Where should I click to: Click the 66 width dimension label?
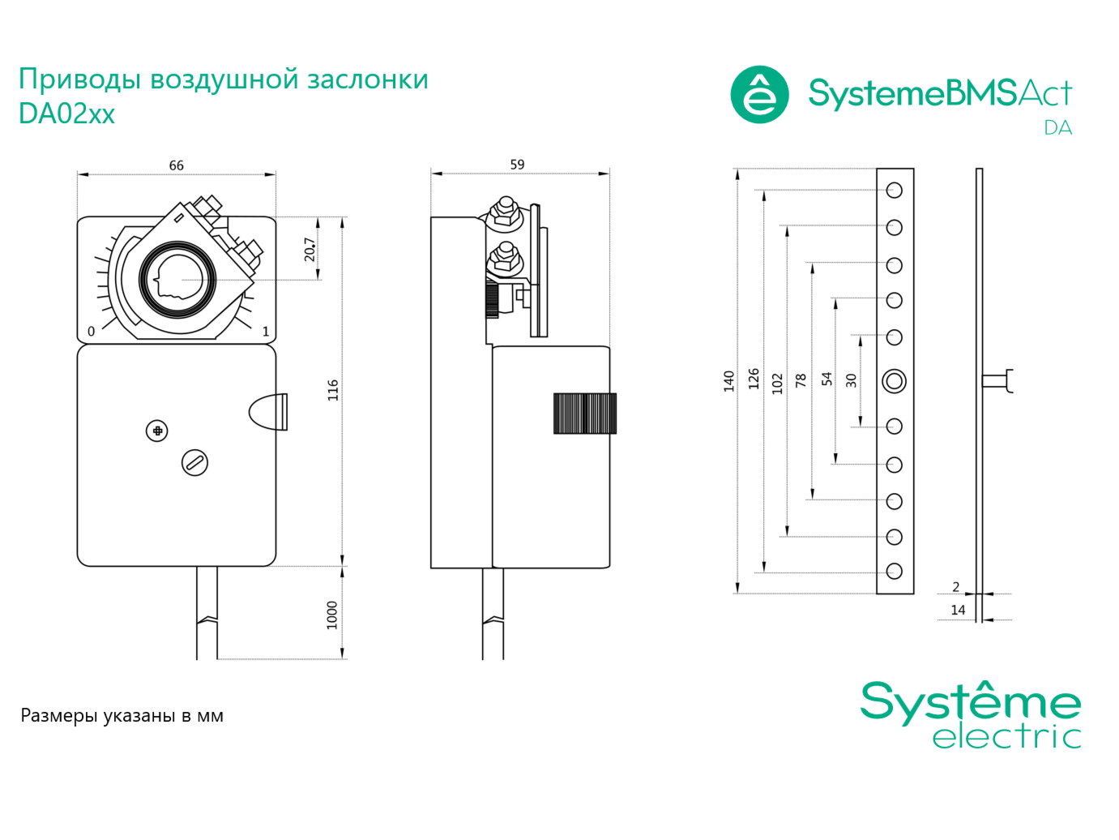coord(176,165)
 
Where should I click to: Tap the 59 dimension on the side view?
coord(517,165)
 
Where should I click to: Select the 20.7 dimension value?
coord(310,249)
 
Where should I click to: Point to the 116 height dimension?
coord(332,390)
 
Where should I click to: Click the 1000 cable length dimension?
coord(332,615)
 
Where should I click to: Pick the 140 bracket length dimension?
coord(728,381)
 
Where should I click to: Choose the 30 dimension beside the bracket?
coord(851,380)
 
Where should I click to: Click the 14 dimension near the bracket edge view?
coord(958,610)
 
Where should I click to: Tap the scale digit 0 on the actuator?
coord(92,332)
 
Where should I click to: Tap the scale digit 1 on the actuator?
coord(266,332)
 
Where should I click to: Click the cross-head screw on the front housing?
coord(157,431)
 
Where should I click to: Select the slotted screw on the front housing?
coord(194,463)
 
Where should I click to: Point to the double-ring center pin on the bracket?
coord(895,381)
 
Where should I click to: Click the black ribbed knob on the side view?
coord(585,414)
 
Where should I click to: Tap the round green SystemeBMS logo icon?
coord(759,94)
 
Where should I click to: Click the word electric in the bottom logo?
coord(1007,735)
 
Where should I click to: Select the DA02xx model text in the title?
coord(66,114)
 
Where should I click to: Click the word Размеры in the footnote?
coord(59,716)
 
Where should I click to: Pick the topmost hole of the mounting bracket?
coord(895,191)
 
